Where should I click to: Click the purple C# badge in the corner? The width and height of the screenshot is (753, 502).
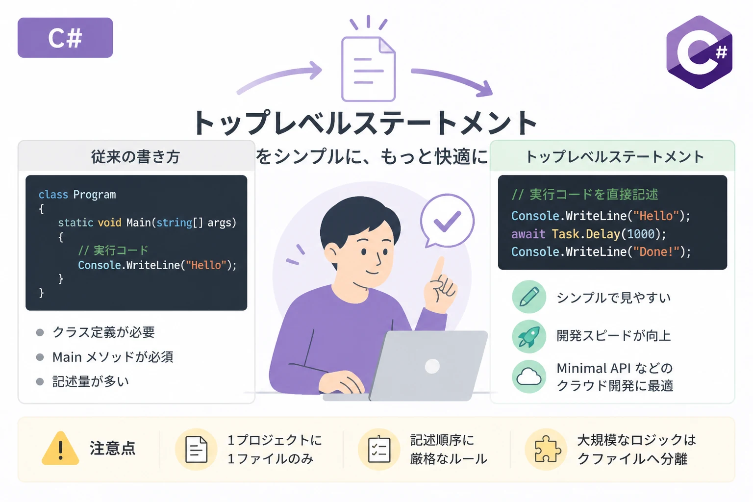click(65, 38)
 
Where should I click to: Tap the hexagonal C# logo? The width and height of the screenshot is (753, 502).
click(699, 52)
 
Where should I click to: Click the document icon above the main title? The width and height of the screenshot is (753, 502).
click(369, 69)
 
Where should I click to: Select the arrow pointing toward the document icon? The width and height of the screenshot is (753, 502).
click(279, 76)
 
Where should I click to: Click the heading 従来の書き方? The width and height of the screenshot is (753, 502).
click(136, 157)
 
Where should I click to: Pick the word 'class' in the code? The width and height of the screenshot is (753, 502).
click(53, 195)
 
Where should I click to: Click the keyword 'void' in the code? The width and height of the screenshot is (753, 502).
click(109, 223)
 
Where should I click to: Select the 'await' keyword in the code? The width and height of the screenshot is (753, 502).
click(528, 234)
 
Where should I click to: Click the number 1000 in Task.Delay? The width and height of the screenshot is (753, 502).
click(641, 234)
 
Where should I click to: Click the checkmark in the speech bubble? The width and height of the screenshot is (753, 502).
click(447, 221)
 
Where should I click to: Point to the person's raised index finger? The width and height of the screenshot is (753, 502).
click(438, 269)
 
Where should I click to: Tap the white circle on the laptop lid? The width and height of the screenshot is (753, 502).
click(432, 366)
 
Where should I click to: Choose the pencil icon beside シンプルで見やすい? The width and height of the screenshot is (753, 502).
click(529, 297)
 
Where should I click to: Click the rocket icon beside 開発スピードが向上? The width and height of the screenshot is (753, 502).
click(529, 336)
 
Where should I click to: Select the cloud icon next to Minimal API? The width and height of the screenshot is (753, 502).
click(529, 376)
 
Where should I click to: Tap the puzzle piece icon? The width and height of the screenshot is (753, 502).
click(547, 449)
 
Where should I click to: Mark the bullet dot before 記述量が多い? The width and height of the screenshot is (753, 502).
click(40, 381)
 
